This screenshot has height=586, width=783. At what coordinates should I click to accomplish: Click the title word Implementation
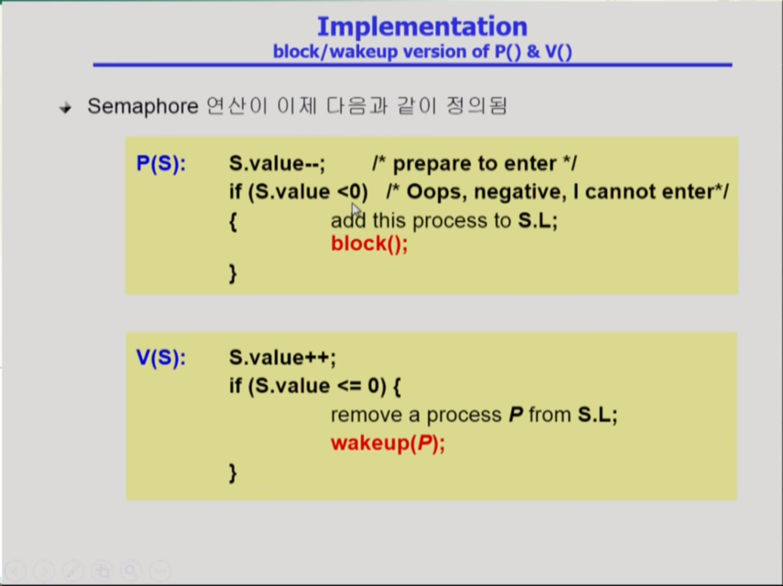click(x=422, y=27)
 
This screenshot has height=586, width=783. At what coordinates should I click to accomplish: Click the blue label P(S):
click(x=161, y=163)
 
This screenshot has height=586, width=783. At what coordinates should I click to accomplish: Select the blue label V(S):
click(x=161, y=358)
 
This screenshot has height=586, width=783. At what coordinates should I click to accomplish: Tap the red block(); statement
click(x=369, y=244)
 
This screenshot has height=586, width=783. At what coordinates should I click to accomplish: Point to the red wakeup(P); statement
click(x=388, y=443)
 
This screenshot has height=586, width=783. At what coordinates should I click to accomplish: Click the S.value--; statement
click(x=277, y=163)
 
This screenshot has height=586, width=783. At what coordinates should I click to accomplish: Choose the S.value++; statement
click(x=282, y=358)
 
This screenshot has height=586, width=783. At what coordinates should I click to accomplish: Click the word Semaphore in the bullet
click(x=143, y=107)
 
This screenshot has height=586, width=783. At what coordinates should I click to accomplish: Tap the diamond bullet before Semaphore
click(x=65, y=108)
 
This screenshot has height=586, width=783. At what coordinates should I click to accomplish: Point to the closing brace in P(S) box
click(x=233, y=274)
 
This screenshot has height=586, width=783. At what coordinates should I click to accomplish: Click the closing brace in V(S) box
click(x=233, y=473)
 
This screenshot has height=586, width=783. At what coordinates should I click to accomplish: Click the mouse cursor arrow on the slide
click(x=356, y=211)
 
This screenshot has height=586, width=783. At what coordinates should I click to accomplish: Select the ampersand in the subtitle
click(x=533, y=51)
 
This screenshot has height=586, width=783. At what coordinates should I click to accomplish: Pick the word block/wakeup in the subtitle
click(x=335, y=52)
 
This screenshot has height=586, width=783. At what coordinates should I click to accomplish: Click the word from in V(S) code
click(x=550, y=415)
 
